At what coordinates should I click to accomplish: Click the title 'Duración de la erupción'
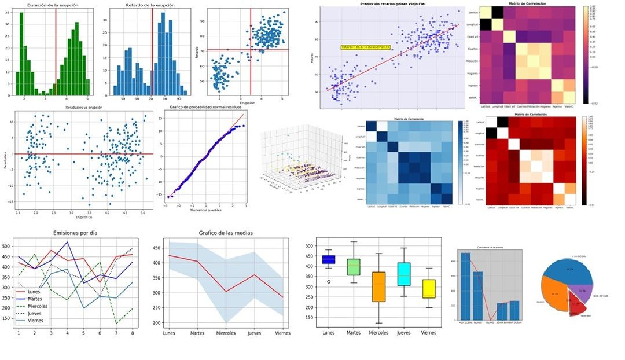pyautogui.click(x=52, y=5)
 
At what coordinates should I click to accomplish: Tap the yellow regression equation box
pyautogui.click(x=366, y=47)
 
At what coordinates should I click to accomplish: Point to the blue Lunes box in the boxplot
pyautogui.click(x=329, y=259)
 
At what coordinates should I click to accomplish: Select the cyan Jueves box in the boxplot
pyautogui.click(x=403, y=274)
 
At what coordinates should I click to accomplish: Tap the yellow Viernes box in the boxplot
pyautogui.click(x=429, y=288)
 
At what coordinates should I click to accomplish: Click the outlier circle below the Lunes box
pyautogui.click(x=329, y=282)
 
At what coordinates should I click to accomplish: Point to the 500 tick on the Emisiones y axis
pyautogui.click(x=8, y=246)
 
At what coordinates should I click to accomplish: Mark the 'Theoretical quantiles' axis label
pyautogui.click(x=206, y=210)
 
